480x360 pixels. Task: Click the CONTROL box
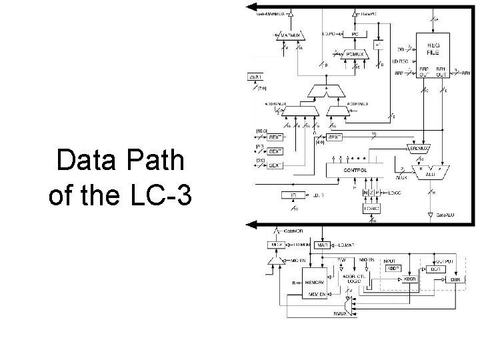click(x=355, y=169)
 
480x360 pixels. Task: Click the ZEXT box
click(x=255, y=77)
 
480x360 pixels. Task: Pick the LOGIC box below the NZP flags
click(x=371, y=209)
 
